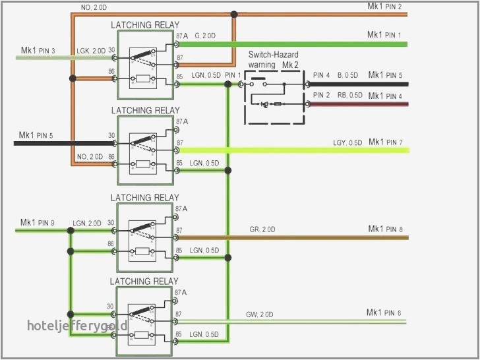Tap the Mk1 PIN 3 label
tap(38, 50)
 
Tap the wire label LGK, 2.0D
tap(90, 51)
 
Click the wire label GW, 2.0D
tap(260, 314)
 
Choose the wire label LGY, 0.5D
tap(347, 142)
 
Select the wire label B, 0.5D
tap(349, 75)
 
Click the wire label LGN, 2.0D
tap(87, 224)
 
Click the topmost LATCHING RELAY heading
tap(144, 25)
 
